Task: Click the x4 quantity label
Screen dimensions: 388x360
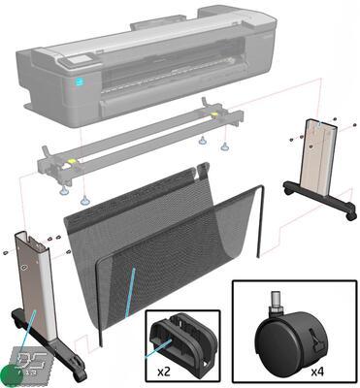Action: [x=316, y=370]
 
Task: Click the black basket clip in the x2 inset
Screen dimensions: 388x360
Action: [x=184, y=340]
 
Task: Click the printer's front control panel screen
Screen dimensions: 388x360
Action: [x=69, y=64]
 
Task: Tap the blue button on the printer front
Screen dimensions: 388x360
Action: [x=80, y=83]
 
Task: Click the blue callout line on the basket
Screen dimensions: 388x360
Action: [x=128, y=291]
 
